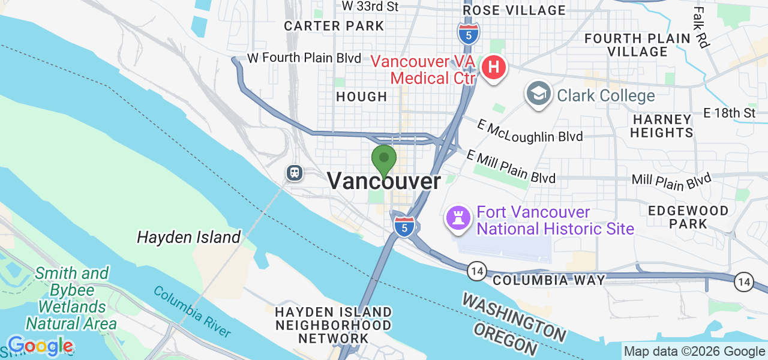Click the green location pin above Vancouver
click(x=384, y=160)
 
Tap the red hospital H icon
click(x=493, y=68)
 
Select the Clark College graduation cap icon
click(x=539, y=95)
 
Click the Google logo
click(x=40, y=346)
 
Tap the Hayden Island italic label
click(x=188, y=237)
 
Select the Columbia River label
click(x=191, y=311)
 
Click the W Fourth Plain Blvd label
click(x=304, y=59)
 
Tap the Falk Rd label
click(x=700, y=27)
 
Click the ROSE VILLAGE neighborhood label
click(x=514, y=10)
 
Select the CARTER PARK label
click(x=334, y=26)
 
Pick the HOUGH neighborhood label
click(x=361, y=97)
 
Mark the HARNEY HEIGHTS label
click(x=662, y=125)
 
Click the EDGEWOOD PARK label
click(x=688, y=217)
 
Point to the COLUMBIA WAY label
click(x=548, y=280)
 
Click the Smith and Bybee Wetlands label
click(x=71, y=299)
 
